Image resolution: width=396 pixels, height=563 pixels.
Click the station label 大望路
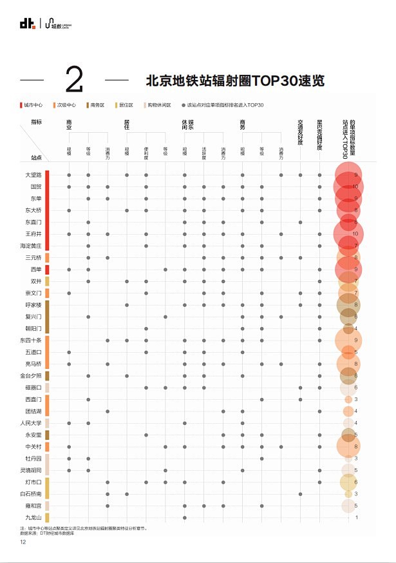33,175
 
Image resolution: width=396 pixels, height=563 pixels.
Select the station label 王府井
33,233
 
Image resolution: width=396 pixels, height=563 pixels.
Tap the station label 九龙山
33,517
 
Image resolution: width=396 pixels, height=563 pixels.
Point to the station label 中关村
33,446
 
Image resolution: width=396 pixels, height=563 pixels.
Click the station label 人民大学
31,423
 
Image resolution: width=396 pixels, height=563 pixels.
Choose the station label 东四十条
31,340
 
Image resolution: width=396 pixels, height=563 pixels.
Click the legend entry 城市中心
33,104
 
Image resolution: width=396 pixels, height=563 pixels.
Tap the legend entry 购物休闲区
157,104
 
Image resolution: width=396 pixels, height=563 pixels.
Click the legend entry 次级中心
66,104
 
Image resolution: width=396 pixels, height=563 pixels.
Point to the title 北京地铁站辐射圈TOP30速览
235,81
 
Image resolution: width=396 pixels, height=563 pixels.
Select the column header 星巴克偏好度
319,133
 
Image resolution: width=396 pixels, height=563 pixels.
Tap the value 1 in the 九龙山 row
356,517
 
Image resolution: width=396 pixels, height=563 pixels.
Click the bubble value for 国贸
356,186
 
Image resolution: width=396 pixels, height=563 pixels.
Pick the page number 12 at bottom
23,542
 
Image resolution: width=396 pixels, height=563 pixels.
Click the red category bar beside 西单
47,269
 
